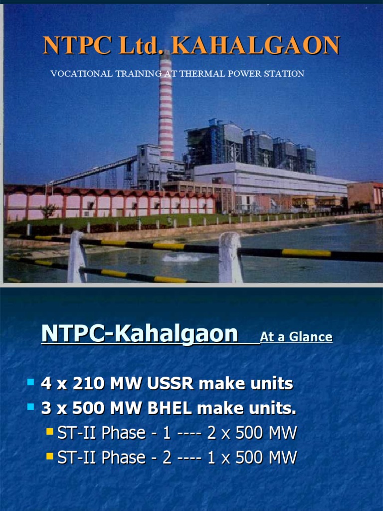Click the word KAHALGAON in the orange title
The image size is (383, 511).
[x=256, y=46]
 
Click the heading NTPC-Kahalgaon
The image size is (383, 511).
[x=139, y=334]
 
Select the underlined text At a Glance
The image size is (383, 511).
[x=296, y=337]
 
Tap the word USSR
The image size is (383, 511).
[x=171, y=384]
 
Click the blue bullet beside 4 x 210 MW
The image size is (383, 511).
[x=30, y=383]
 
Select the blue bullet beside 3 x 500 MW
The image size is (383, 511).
[x=30, y=408]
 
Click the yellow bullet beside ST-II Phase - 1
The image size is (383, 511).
[x=49, y=431]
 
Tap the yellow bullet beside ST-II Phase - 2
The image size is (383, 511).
[x=49, y=456]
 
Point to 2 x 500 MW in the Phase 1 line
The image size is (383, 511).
[x=252, y=433]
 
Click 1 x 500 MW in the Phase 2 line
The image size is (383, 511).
[x=252, y=457]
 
